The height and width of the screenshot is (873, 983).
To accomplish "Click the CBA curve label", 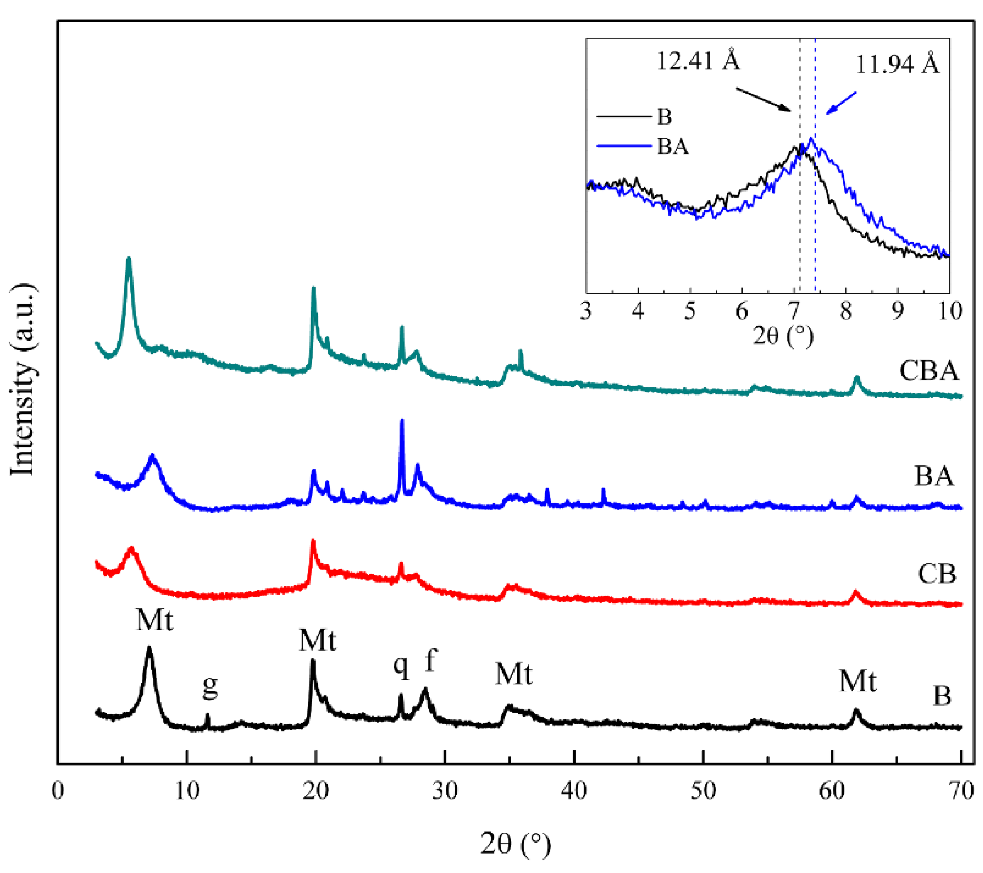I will click(929, 371).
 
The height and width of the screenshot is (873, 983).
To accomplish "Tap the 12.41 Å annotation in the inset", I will click(698, 61).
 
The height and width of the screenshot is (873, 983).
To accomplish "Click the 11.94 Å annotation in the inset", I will click(897, 64).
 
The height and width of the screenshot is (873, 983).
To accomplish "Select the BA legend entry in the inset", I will click(672, 146).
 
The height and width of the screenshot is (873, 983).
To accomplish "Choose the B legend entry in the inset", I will click(664, 117).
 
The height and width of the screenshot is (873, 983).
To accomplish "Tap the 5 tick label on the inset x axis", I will click(690, 311).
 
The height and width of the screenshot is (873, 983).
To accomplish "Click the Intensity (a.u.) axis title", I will click(22, 380).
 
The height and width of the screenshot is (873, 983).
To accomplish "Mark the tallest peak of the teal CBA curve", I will click(128, 260).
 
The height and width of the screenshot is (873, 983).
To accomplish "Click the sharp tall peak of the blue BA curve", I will click(402, 422).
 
